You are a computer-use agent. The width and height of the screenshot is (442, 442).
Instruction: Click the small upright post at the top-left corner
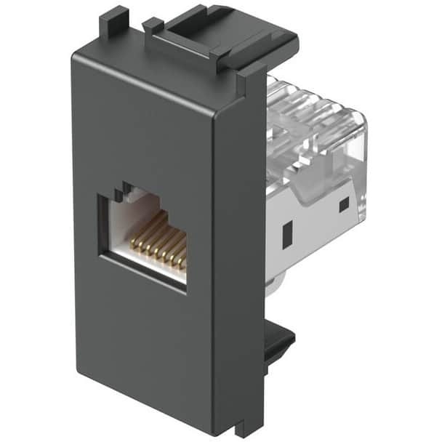109,22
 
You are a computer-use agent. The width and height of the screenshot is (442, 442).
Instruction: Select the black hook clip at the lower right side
280,342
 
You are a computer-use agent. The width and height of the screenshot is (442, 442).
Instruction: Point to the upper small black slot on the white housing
343,206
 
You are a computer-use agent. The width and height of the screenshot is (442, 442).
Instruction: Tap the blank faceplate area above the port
145,124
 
